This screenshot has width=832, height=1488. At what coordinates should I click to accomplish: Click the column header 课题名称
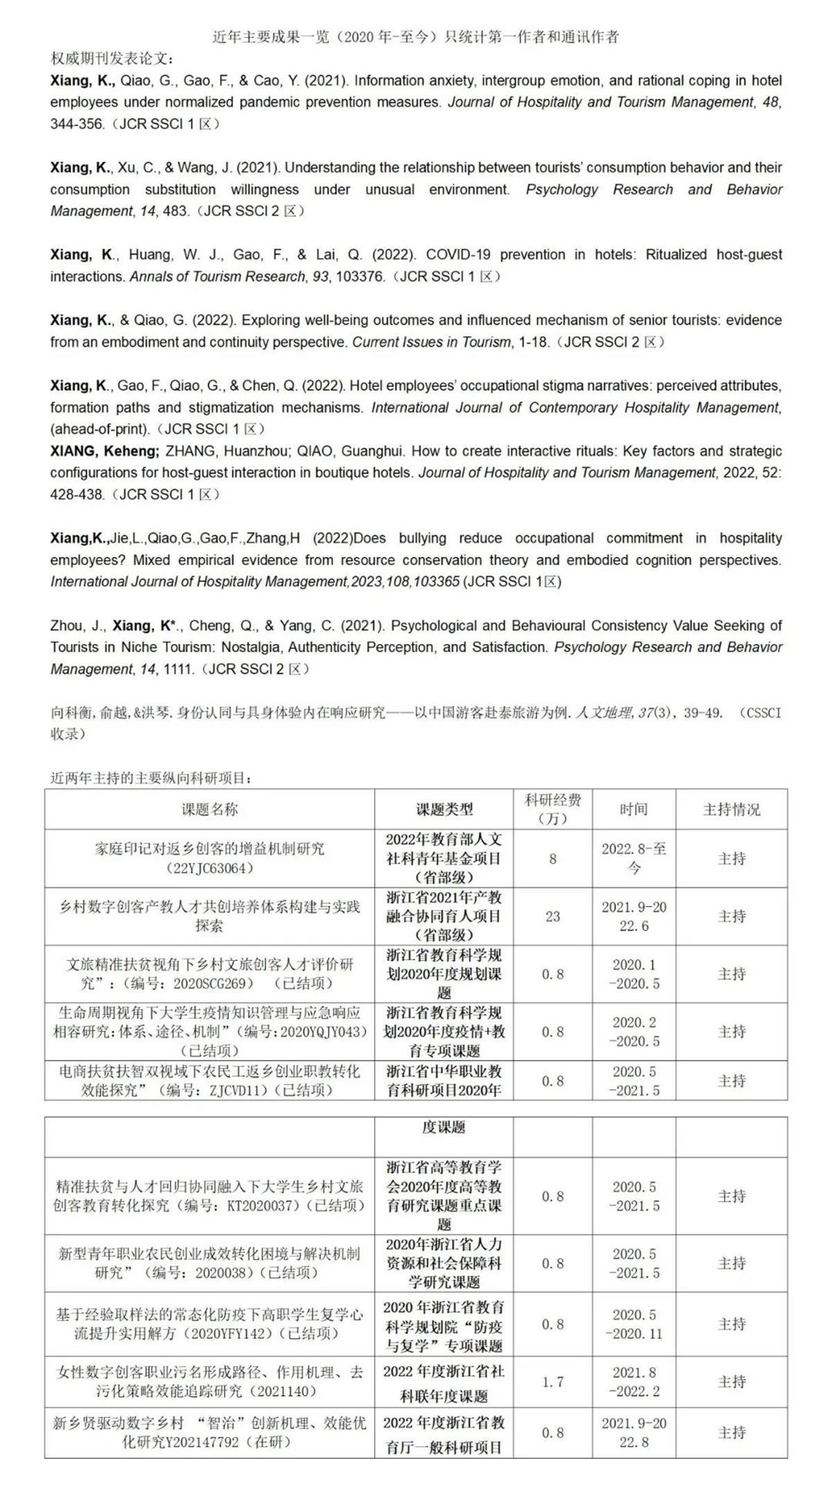click(209, 809)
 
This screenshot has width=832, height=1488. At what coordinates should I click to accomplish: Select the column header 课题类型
click(444, 809)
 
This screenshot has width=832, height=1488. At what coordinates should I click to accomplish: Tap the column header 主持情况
click(731, 809)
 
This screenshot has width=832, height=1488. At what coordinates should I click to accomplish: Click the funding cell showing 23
click(553, 916)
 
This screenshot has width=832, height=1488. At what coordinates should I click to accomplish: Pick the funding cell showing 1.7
click(553, 1382)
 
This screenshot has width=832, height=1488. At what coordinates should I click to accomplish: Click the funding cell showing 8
click(553, 858)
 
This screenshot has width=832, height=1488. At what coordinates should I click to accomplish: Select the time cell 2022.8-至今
click(634, 858)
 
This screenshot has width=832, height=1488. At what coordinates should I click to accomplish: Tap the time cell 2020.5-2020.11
click(634, 1324)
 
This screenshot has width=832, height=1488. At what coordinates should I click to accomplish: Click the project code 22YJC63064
click(209, 868)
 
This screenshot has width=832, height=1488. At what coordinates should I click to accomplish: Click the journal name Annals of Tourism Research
click(218, 277)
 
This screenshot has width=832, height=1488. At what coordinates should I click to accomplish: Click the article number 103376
click(361, 277)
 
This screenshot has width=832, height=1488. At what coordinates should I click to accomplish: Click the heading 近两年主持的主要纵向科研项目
click(150, 778)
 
